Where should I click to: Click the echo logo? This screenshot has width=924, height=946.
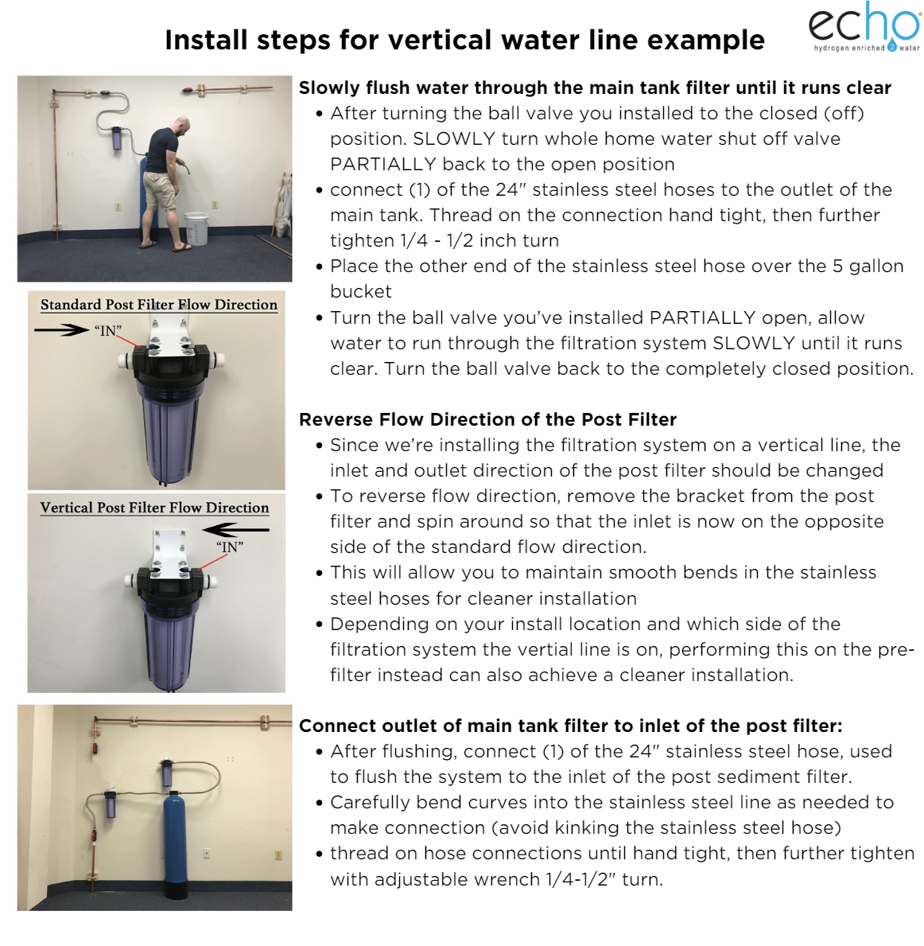864,27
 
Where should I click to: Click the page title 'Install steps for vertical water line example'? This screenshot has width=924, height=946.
464,41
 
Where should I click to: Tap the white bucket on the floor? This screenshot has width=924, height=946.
196,228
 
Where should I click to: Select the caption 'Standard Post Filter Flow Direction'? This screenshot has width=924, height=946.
159,305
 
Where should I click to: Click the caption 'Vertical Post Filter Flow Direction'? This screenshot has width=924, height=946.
154,508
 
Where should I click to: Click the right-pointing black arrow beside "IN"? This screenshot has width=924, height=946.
61,329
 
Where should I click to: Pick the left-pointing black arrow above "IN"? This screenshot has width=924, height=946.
236,530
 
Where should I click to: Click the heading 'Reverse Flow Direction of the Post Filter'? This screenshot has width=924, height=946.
487,419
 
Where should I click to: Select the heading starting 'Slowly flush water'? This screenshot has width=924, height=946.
595,88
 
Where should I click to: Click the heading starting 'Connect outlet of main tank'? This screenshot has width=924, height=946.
571,726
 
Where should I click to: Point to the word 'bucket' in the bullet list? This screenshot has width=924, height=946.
361,291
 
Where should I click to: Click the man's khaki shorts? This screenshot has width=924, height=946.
161,189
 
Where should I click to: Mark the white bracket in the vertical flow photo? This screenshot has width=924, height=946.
171,548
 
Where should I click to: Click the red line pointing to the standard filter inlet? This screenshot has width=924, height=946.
129,340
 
